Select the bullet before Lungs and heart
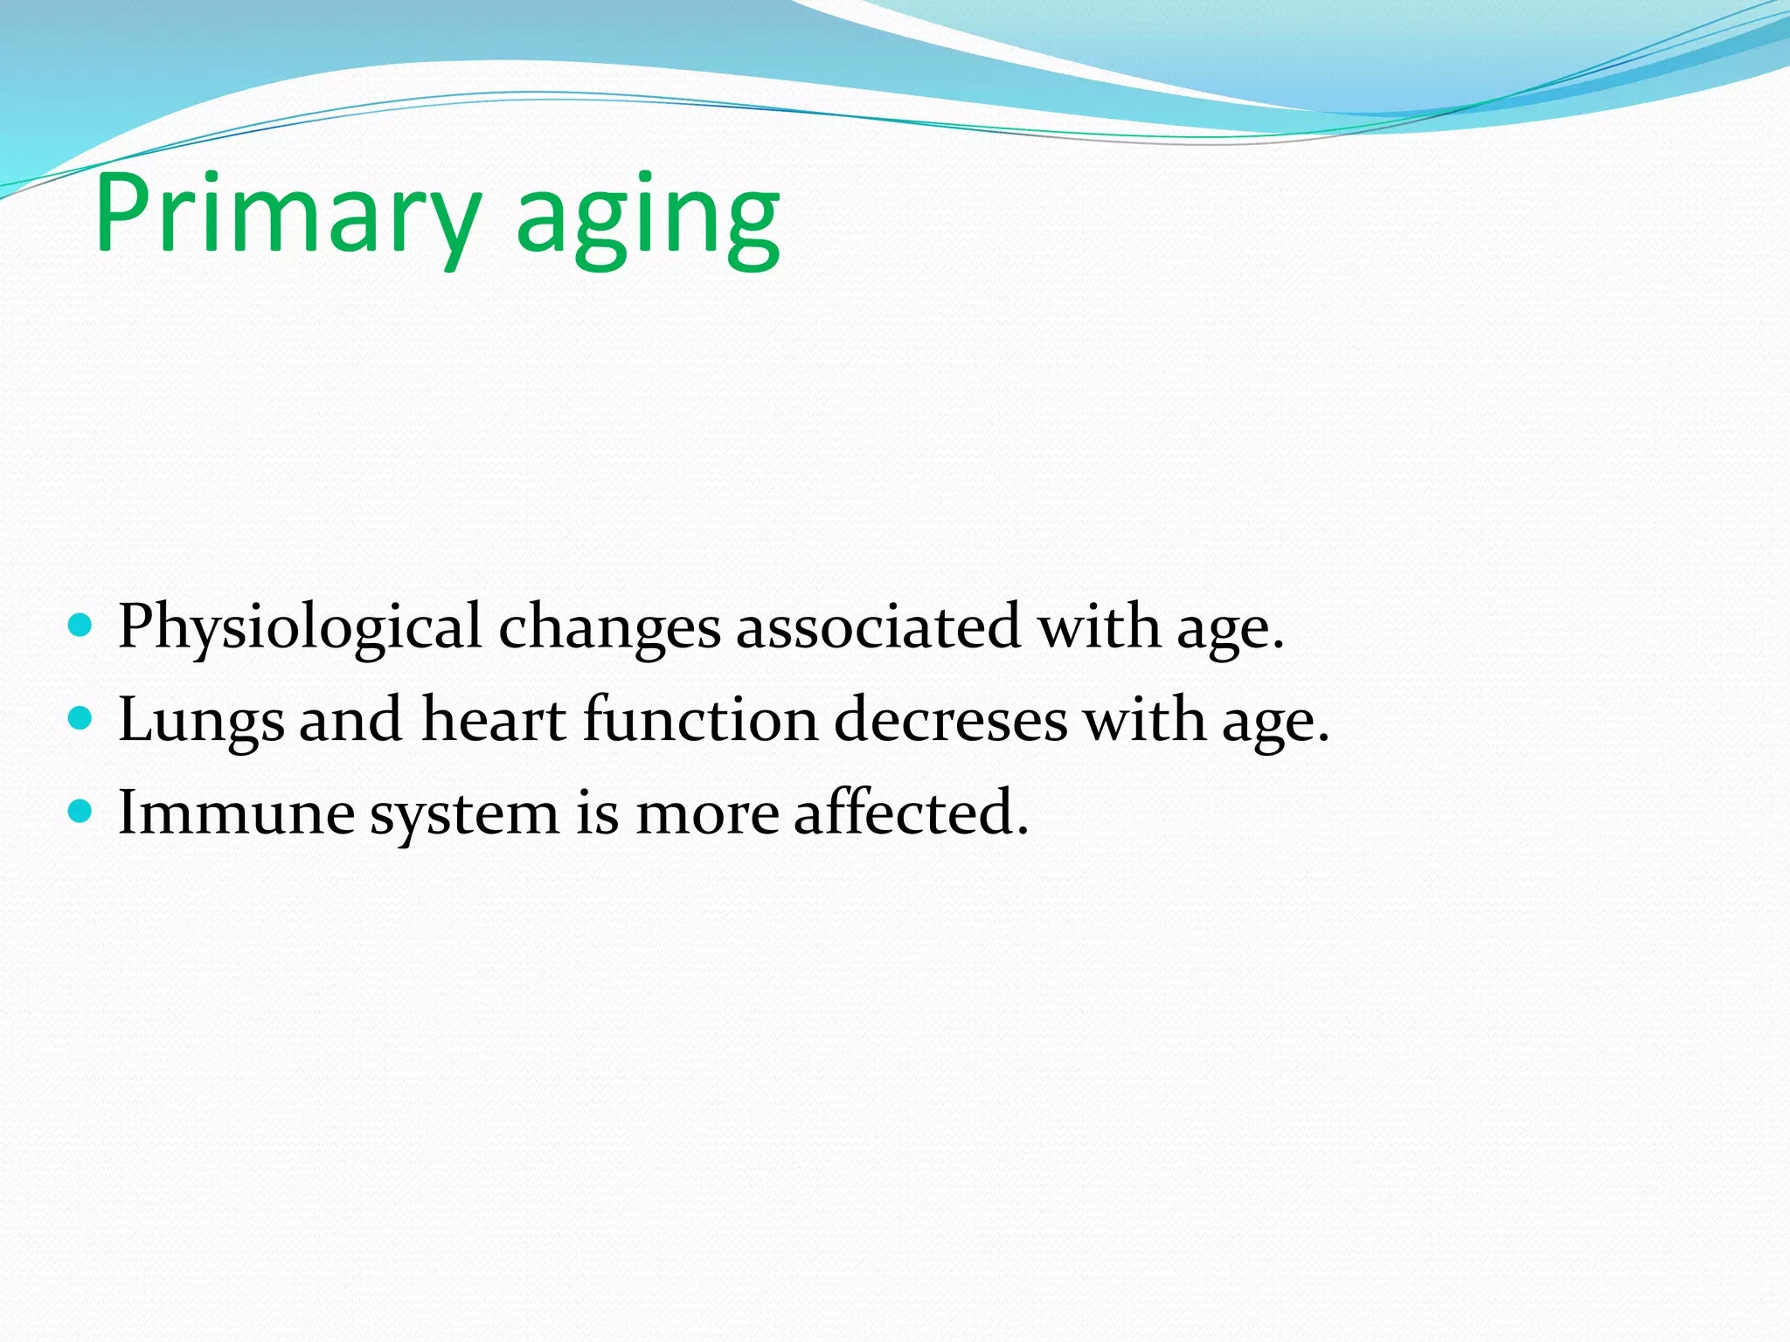(x=80, y=719)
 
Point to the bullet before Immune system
(x=80, y=813)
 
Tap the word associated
(x=878, y=627)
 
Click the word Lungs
(x=201, y=722)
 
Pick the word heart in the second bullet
(x=493, y=720)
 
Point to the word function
(x=700, y=720)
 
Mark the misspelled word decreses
(x=950, y=720)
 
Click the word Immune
(x=236, y=813)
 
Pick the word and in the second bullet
(x=350, y=720)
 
